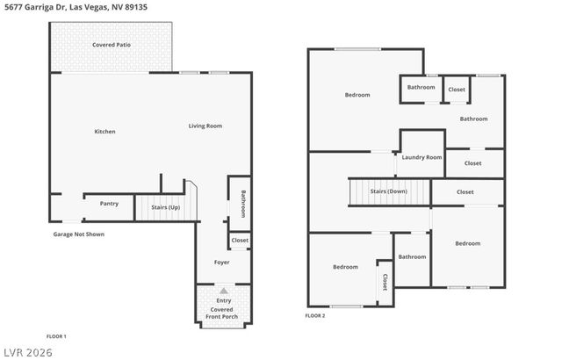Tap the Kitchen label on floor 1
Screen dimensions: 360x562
pos(105,132)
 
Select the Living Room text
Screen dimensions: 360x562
pos(205,126)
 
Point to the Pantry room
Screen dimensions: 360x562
pos(109,204)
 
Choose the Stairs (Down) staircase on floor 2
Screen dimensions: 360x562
pos(388,191)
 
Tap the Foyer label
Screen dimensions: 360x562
pos(223,263)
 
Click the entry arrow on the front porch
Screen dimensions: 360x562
pos(223,290)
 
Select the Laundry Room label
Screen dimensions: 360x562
pos(421,157)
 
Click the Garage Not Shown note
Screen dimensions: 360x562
pos(79,234)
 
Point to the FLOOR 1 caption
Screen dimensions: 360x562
pos(56,336)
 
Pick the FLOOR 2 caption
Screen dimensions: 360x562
pos(315,315)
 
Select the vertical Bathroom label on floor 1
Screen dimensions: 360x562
pos(242,204)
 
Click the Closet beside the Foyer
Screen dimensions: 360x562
pos(240,240)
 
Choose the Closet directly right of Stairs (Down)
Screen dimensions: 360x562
pos(465,191)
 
